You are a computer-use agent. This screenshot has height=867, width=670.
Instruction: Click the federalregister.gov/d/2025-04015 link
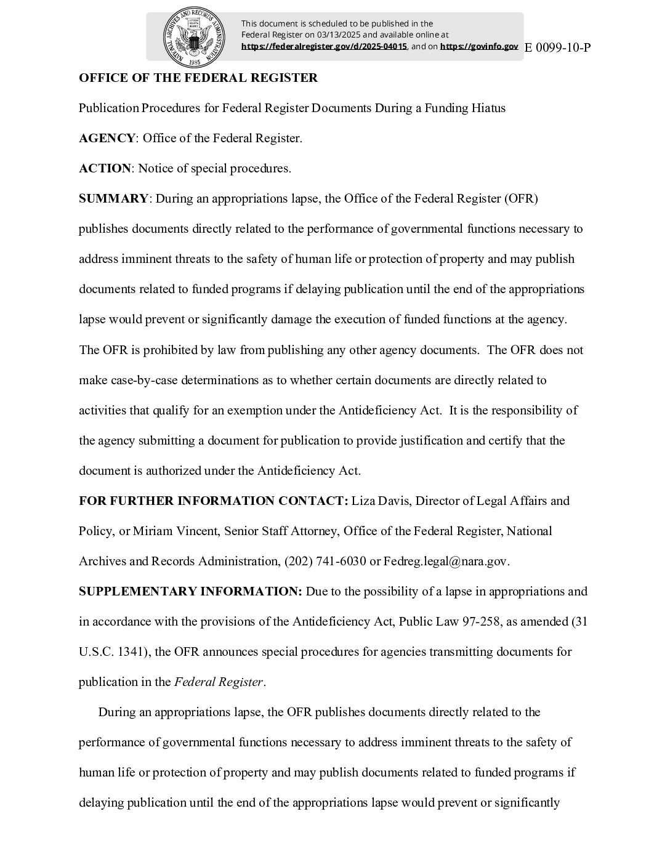pyautogui.click(x=324, y=46)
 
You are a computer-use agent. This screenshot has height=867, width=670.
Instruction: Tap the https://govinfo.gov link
pyautogui.click(x=479, y=46)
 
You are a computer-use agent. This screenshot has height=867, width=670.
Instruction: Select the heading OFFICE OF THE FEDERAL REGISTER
pyautogui.click(x=198, y=78)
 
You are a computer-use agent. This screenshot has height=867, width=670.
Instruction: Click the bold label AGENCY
pyautogui.click(x=107, y=139)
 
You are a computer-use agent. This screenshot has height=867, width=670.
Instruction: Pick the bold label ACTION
pyautogui.click(x=105, y=169)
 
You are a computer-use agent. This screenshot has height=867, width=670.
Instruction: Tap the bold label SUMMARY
pyautogui.click(x=113, y=199)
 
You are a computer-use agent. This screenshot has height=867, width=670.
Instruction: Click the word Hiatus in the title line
pyautogui.click(x=486, y=108)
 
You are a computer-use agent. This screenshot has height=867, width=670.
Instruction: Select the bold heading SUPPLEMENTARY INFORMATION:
pyautogui.click(x=190, y=591)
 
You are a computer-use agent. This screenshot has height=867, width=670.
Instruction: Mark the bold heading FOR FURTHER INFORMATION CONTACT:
pyautogui.click(x=214, y=501)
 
